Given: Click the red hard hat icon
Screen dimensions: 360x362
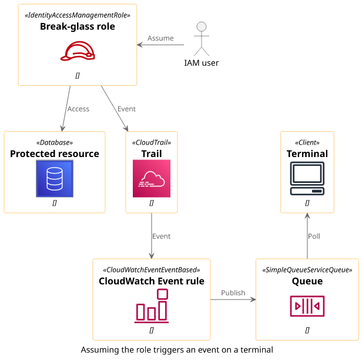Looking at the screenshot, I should (x=78, y=52).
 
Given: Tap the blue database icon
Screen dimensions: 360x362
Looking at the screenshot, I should (x=55, y=178).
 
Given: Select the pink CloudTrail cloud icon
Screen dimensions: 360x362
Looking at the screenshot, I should (x=151, y=178).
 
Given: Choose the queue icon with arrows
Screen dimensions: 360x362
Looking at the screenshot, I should (x=307, y=306).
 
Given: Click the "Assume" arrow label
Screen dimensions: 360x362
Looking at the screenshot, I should (x=160, y=38).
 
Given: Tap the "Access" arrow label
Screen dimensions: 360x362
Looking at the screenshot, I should (x=78, y=109).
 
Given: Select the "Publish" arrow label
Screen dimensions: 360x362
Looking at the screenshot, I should (x=233, y=292).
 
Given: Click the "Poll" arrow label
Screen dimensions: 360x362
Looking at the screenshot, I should (x=314, y=236).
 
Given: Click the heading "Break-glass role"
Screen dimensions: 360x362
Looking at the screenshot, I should (x=78, y=26).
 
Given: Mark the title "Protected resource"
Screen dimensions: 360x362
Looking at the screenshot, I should (x=55, y=154).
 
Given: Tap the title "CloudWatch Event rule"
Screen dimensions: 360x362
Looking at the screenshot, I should (x=152, y=281).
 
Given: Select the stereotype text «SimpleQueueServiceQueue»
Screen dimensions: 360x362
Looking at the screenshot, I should (x=307, y=269).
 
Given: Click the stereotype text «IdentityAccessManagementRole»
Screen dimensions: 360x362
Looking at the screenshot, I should (x=78, y=14).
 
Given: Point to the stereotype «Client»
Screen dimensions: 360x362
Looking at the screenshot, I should (x=307, y=142).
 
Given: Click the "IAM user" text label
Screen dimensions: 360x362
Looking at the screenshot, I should (x=202, y=62).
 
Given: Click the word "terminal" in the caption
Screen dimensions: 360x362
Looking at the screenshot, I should (x=256, y=349).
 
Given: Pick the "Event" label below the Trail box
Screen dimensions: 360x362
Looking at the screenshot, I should (x=161, y=236).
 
